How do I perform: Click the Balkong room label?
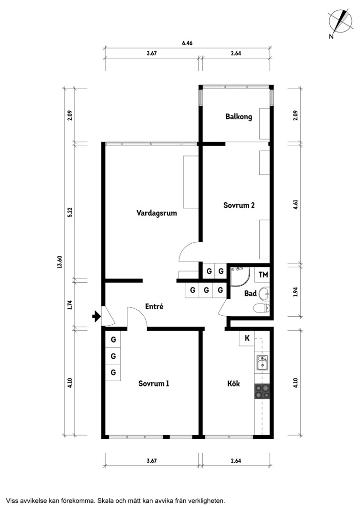coord(238,116)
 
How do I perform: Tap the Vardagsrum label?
coord(156,213)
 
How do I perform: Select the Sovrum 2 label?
coord(239,205)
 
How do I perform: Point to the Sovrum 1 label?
coord(154,383)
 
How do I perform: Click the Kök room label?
coord(233,383)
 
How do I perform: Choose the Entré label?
coord(154,306)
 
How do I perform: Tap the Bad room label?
coord(250,294)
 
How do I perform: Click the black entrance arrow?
coord(97,316)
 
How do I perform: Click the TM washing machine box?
coord(262,275)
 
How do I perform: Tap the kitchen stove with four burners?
coord(262,391)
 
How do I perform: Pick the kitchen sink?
coord(262,363)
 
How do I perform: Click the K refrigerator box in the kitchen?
coord(247,338)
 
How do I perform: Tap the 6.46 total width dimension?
coord(188,43)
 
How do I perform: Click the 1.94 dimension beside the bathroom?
coord(295,292)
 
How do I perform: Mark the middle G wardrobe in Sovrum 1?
coord(113,356)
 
